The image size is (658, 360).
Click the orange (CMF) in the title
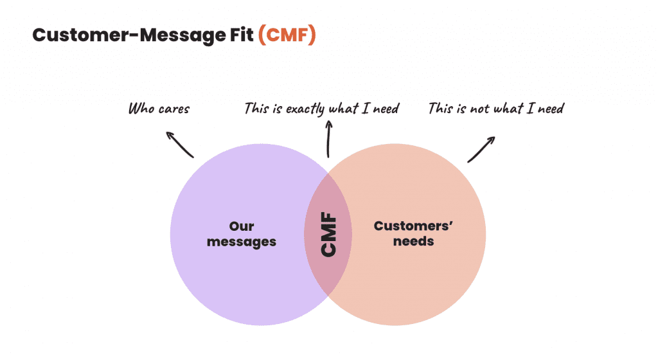[287, 35]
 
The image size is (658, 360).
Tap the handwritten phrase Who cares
[159, 108]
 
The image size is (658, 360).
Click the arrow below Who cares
[179, 144]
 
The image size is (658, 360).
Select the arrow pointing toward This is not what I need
[481, 148]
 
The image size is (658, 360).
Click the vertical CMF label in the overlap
[328, 237]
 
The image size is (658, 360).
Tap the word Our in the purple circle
[242, 226]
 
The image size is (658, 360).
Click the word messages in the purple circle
[242, 242]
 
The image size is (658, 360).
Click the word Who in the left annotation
[140, 108]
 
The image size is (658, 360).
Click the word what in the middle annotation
[341, 108]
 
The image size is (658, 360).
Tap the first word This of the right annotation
[440, 108]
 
